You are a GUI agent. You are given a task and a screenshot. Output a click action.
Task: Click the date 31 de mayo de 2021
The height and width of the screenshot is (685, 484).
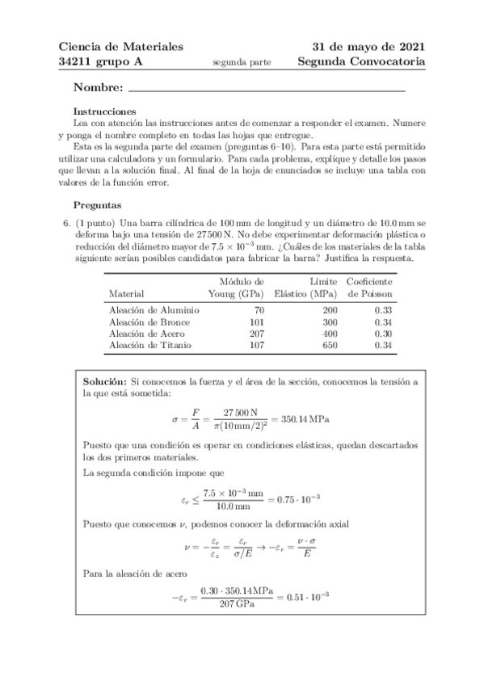pyautogui.click(x=369, y=47)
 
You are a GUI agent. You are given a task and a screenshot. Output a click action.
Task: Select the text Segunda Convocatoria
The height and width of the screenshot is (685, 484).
pyautogui.click(x=361, y=61)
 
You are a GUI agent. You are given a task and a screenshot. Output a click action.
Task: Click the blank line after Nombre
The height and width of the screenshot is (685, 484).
pyautogui.click(x=267, y=87)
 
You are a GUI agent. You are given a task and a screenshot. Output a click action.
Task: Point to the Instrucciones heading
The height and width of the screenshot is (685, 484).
pyautogui.click(x=104, y=111)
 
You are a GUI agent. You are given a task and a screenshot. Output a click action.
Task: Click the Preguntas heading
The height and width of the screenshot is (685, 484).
pyautogui.click(x=98, y=205)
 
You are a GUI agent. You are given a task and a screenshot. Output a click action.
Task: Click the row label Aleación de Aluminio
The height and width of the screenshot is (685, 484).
pyautogui.click(x=149, y=309)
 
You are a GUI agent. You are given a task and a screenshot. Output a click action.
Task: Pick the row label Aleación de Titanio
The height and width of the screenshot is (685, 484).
pyautogui.click(x=146, y=344)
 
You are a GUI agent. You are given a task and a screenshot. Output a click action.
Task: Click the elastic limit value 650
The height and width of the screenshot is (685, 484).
pyautogui.click(x=306, y=344)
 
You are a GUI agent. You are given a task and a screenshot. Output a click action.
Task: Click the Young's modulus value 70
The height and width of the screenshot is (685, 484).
pyautogui.click(x=237, y=309)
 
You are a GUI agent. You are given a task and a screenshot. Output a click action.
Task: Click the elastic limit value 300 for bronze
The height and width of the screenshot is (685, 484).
pyautogui.click(x=306, y=321)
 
